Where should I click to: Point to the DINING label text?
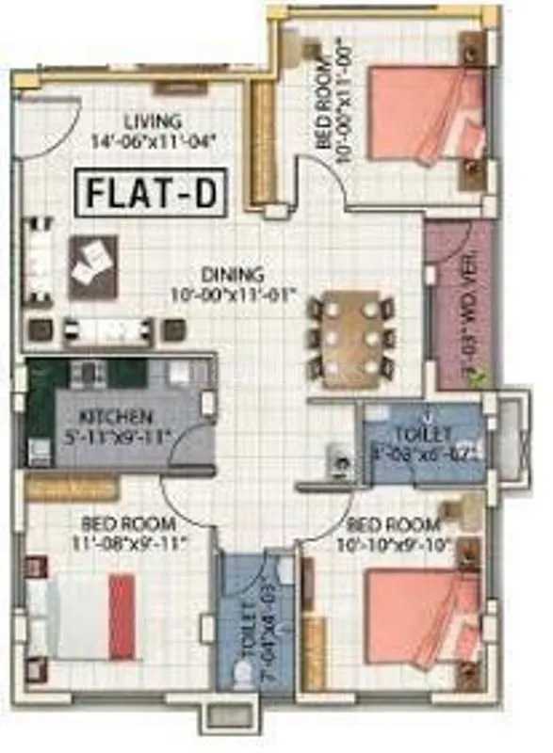point(231,275)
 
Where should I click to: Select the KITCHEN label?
point(116,416)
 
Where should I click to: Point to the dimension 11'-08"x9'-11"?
point(135,542)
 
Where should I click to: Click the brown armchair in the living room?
point(93,267)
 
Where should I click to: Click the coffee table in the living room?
point(106,329)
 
